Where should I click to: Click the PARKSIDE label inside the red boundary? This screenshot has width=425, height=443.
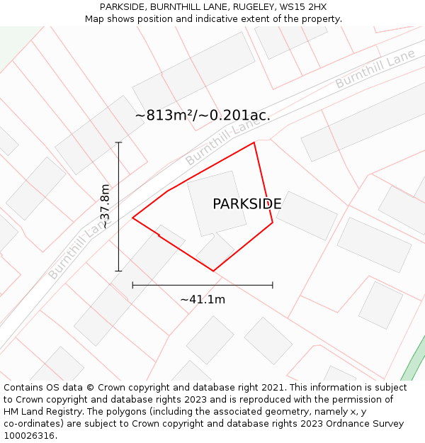click(246, 204)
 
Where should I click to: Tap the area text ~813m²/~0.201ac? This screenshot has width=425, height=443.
click(203, 115)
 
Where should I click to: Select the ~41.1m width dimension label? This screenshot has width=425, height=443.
click(203, 299)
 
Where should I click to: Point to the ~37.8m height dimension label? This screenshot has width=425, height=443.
click(105, 206)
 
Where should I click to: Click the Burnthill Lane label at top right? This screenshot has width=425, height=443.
click(375, 69)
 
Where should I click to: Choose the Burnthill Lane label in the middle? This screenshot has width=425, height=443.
click(222, 142)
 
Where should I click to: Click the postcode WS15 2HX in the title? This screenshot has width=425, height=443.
click(305, 6)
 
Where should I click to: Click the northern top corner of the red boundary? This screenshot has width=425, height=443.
click(254, 142)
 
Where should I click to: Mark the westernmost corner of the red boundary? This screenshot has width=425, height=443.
click(133, 218)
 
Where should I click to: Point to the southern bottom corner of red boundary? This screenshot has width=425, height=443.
click(213, 271)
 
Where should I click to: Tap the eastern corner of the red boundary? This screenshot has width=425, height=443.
click(273, 223)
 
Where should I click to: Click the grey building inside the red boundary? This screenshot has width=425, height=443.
click(217, 203)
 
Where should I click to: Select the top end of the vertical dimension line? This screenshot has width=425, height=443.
click(118, 142)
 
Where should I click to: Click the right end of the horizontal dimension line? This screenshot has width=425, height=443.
click(273, 285)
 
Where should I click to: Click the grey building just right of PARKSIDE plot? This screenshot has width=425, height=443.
click(307, 215)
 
